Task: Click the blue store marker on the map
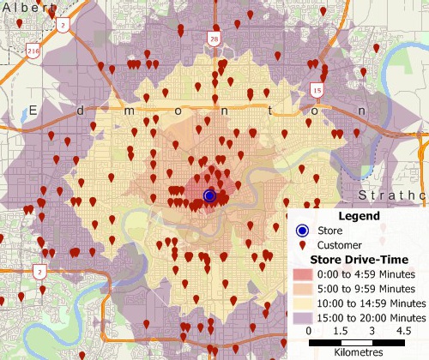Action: [x=208, y=196]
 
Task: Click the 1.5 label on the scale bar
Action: [x=341, y=330]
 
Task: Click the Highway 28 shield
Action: [x=212, y=39]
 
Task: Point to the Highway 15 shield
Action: [x=317, y=89]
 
